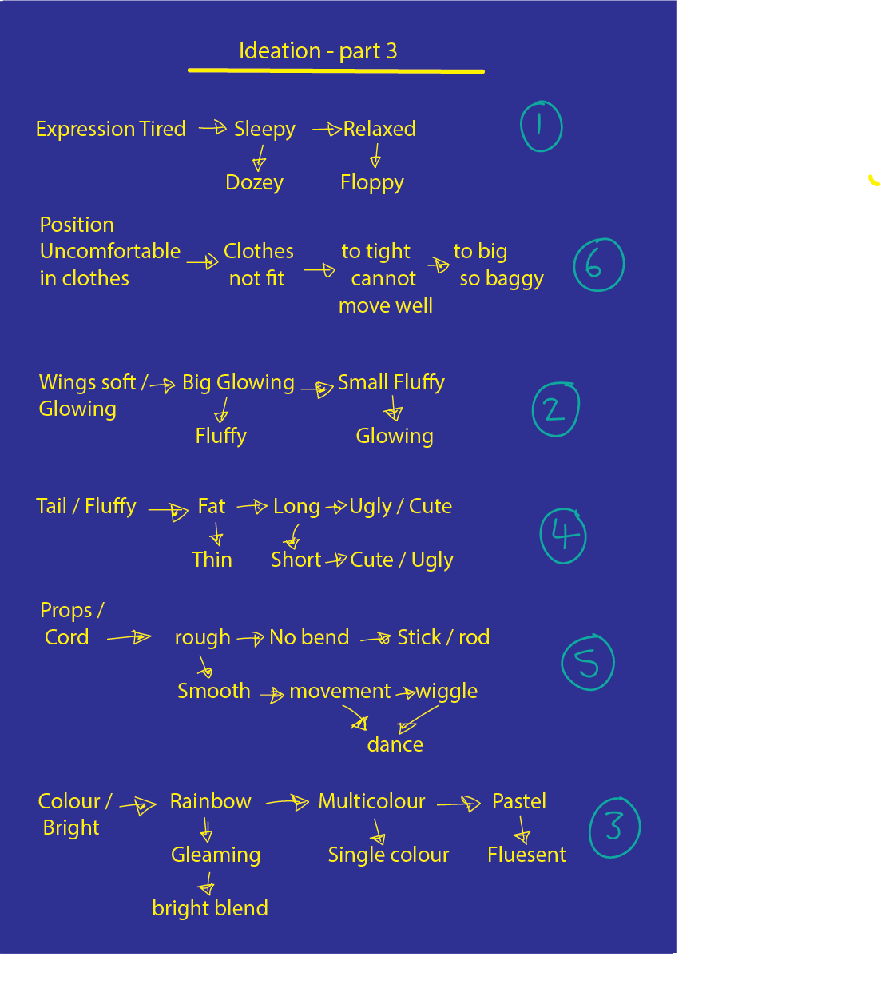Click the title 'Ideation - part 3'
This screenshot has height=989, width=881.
tap(318, 51)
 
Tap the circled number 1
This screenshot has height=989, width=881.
tap(541, 126)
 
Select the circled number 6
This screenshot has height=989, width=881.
tap(598, 265)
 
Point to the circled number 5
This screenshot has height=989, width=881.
tap(588, 662)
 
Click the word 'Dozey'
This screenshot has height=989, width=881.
tap(254, 182)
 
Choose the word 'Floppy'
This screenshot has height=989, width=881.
tap(371, 182)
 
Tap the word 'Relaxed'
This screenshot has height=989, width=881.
tap(379, 129)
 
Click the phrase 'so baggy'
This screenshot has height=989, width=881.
tap(502, 278)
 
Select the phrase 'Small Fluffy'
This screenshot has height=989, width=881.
tap(391, 382)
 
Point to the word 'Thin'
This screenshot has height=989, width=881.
tap(212, 560)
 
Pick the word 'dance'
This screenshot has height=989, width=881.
tap(395, 744)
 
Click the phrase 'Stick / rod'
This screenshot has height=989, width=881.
tap(443, 637)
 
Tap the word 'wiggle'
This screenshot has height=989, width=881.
tap(446, 691)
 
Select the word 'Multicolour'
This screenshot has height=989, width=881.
tap(371, 801)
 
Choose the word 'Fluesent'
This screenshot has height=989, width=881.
tap(526, 855)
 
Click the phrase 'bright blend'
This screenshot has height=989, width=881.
tap(210, 908)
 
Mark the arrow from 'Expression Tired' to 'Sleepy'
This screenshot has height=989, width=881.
tap(212, 127)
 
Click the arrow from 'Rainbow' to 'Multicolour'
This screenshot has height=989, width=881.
tap(287, 801)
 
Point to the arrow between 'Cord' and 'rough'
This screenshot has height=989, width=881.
tap(129, 637)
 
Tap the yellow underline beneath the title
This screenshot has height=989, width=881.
tap(335, 70)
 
